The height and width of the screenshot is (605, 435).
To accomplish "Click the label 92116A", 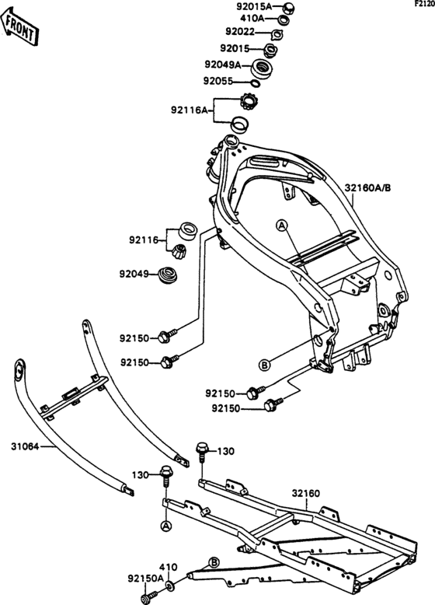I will point(190,110).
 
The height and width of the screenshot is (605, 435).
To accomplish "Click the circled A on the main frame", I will point(282,226).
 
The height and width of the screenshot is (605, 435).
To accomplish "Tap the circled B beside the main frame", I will point(263,364).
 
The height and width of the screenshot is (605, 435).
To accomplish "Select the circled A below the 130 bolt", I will point(165,526).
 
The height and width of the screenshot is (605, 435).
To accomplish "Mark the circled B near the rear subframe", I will point(215,562).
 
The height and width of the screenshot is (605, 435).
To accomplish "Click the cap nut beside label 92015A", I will point(288,8).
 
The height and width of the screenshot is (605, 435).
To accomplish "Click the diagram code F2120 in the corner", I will point(424,4).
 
